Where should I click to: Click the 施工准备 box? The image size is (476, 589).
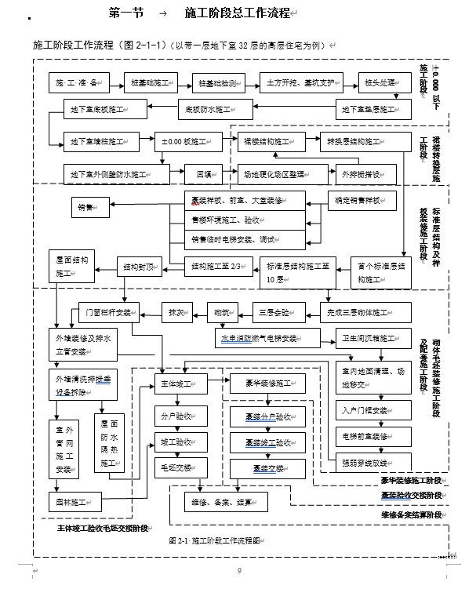point(76,82)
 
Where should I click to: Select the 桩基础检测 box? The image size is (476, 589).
point(220,82)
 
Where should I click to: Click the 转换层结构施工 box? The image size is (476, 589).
point(355,142)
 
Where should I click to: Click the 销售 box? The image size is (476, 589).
point(85,209)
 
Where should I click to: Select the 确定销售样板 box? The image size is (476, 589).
point(358,201)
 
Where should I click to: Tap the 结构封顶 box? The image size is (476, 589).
point(140,267)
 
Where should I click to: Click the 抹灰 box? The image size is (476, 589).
point(176,312)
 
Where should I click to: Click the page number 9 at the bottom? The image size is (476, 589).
point(239,571)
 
